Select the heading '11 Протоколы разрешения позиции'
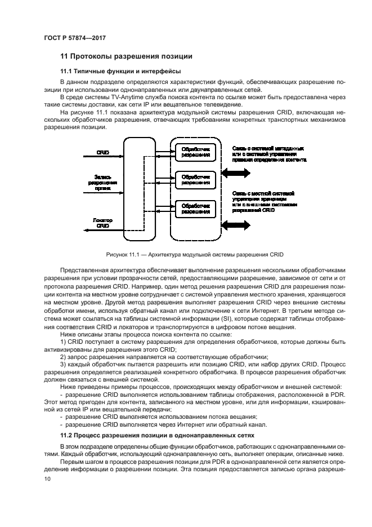126,56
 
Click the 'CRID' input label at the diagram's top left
102,152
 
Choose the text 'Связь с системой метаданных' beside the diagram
268,147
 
